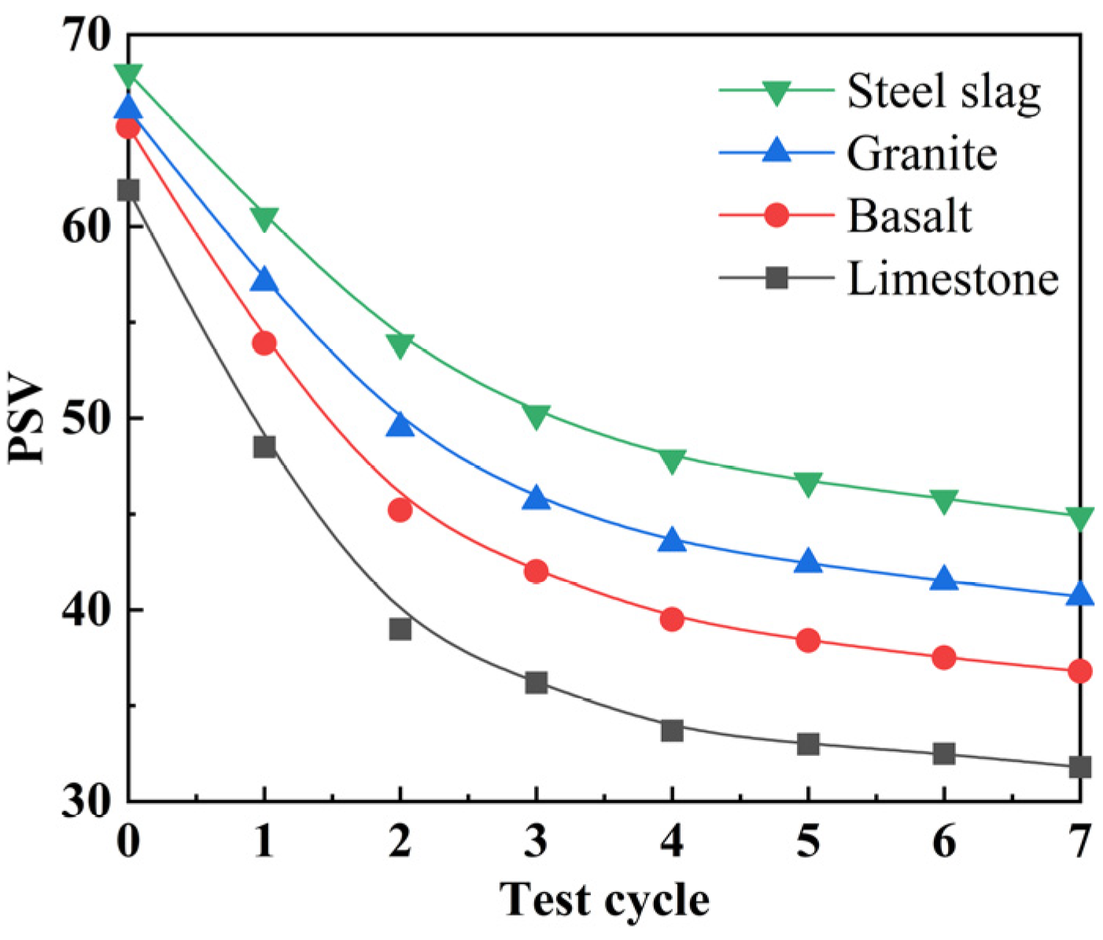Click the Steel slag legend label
coord(943,92)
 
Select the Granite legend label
coord(921,153)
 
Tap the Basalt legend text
coord(909,216)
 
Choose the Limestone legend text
coord(952,278)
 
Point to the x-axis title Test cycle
coord(604,900)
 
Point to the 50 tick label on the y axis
coord(86,418)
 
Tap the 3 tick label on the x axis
coord(536,842)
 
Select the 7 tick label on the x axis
coord(1080,842)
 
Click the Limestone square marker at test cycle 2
coord(400,629)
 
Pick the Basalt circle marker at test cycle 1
coord(264,343)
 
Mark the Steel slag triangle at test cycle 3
coord(536,416)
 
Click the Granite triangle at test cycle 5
coord(808,562)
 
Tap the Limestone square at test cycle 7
coord(1080,766)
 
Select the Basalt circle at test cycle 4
coord(672,619)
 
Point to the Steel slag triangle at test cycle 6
coord(944,501)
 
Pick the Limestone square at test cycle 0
coord(128,190)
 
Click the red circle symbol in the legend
coord(777,215)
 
